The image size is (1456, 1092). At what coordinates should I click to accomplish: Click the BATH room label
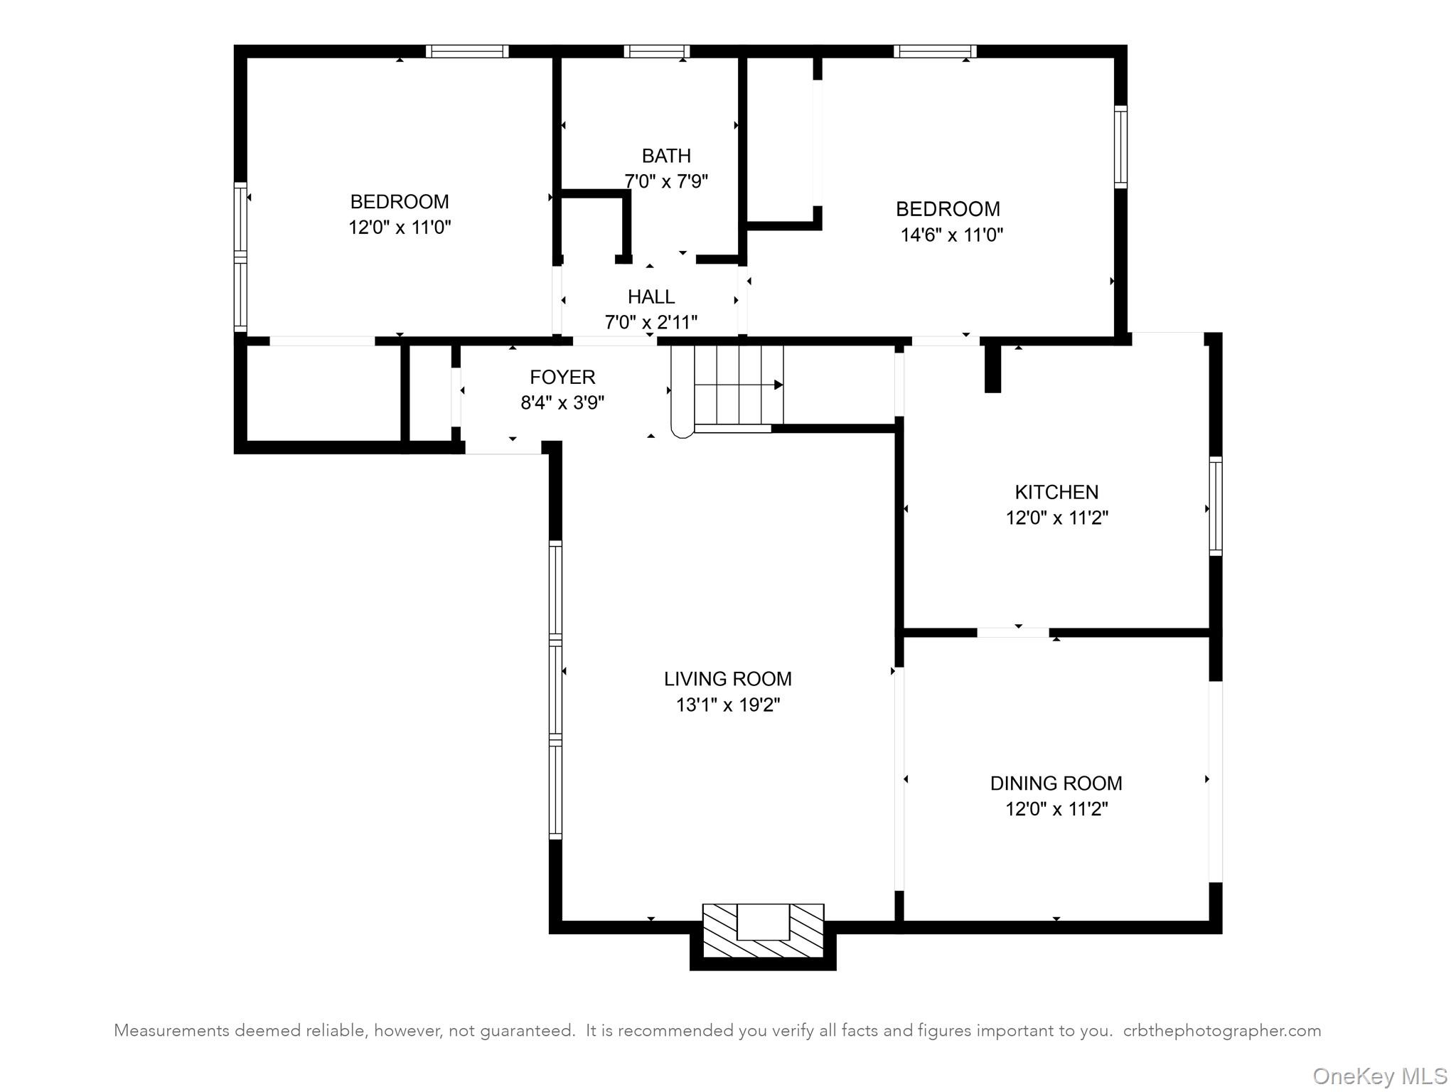click(665, 156)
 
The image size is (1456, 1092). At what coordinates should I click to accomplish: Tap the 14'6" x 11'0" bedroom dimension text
click(951, 235)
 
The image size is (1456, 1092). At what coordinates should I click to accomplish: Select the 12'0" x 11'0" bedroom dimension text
click(400, 227)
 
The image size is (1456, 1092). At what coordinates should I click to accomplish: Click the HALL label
click(651, 296)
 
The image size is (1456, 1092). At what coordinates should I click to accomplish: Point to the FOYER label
click(562, 377)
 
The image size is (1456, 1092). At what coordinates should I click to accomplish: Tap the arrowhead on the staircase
click(778, 385)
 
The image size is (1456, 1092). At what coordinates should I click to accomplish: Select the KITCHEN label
click(1056, 492)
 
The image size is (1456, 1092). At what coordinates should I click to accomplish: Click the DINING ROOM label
click(1056, 783)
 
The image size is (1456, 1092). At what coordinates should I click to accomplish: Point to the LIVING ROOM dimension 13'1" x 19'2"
click(727, 705)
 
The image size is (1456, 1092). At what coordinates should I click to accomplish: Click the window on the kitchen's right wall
click(1216, 506)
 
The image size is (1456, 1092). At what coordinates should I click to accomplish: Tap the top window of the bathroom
click(656, 51)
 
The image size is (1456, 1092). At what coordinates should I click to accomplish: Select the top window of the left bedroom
click(466, 51)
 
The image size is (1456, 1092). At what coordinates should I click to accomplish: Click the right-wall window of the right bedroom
click(1120, 146)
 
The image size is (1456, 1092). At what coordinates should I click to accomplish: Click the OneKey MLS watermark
click(1379, 1076)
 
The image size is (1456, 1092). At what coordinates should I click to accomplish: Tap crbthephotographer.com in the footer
click(1221, 1031)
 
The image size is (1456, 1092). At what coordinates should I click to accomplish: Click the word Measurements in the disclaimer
click(171, 1031)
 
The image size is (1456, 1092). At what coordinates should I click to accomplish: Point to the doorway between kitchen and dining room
click(1012, 632)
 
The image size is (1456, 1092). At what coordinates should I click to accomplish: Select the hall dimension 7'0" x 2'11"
click(651, 323)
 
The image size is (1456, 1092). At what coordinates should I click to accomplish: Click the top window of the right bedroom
click(934, 51)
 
